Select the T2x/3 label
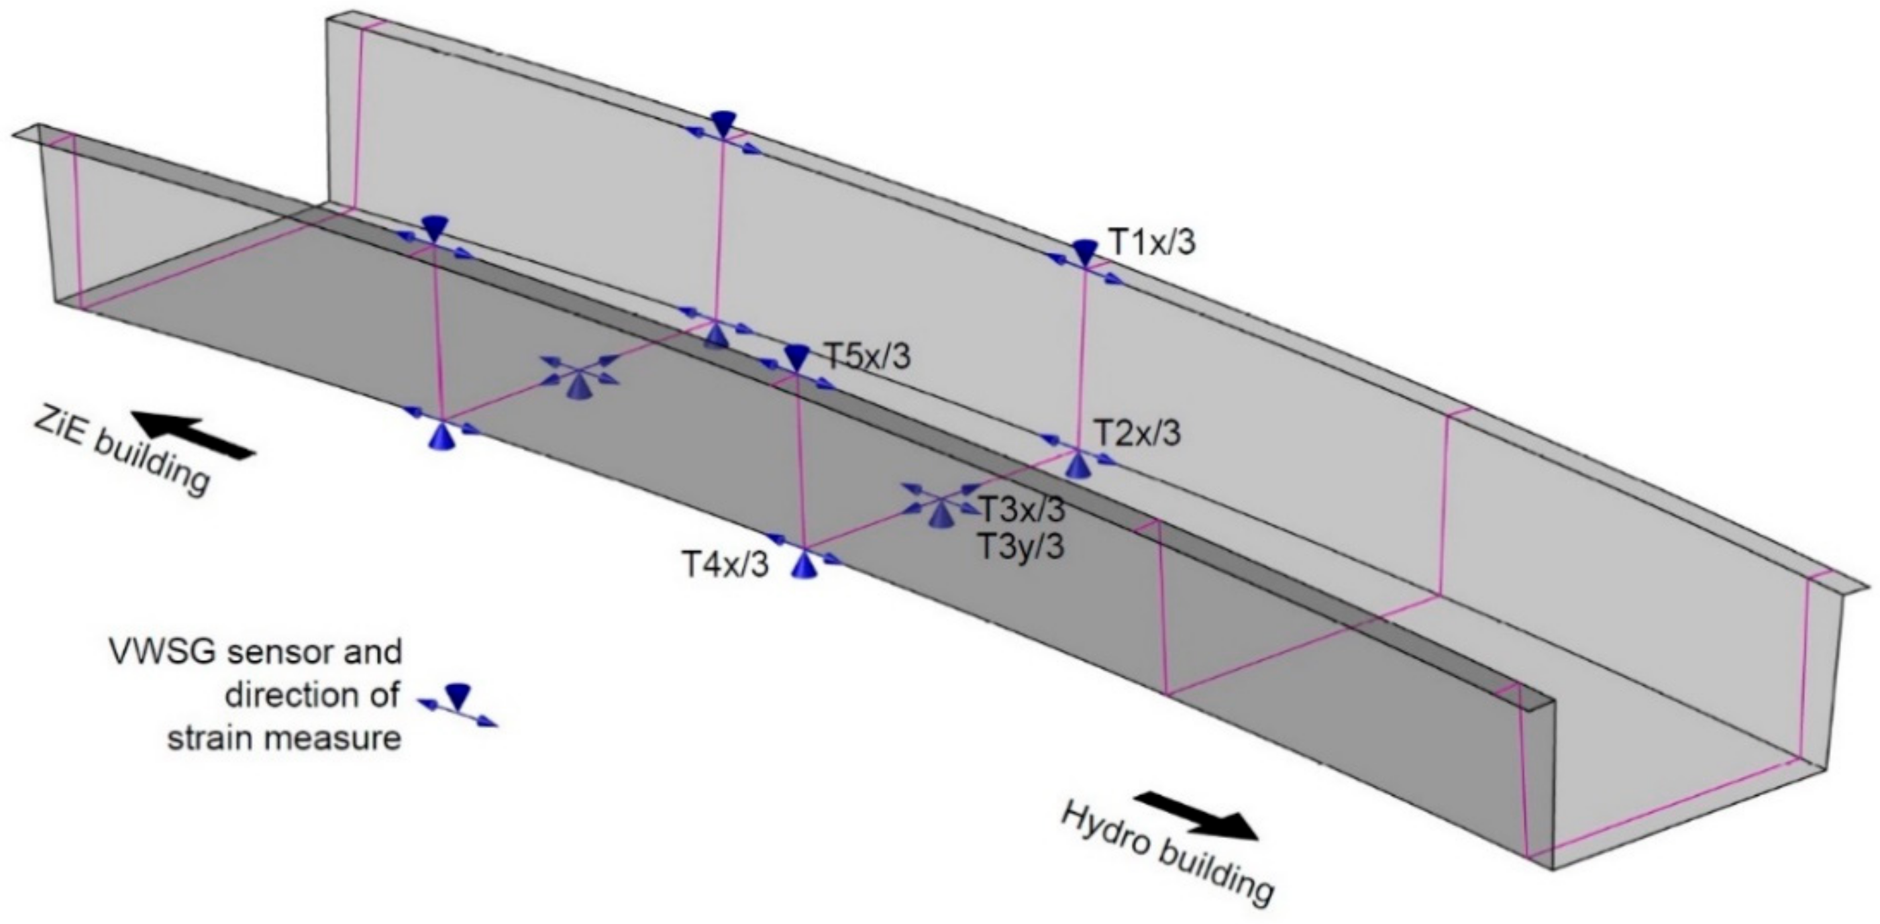[x=1137, y=433]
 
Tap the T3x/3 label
[x=1021, y=509]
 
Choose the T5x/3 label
[x=868, y=357]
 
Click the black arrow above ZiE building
[x=193, y=435]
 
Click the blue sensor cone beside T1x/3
[x=1084, y=251]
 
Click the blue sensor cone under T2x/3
[x=1077, y=464]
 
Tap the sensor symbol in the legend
[x=458, y=706]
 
